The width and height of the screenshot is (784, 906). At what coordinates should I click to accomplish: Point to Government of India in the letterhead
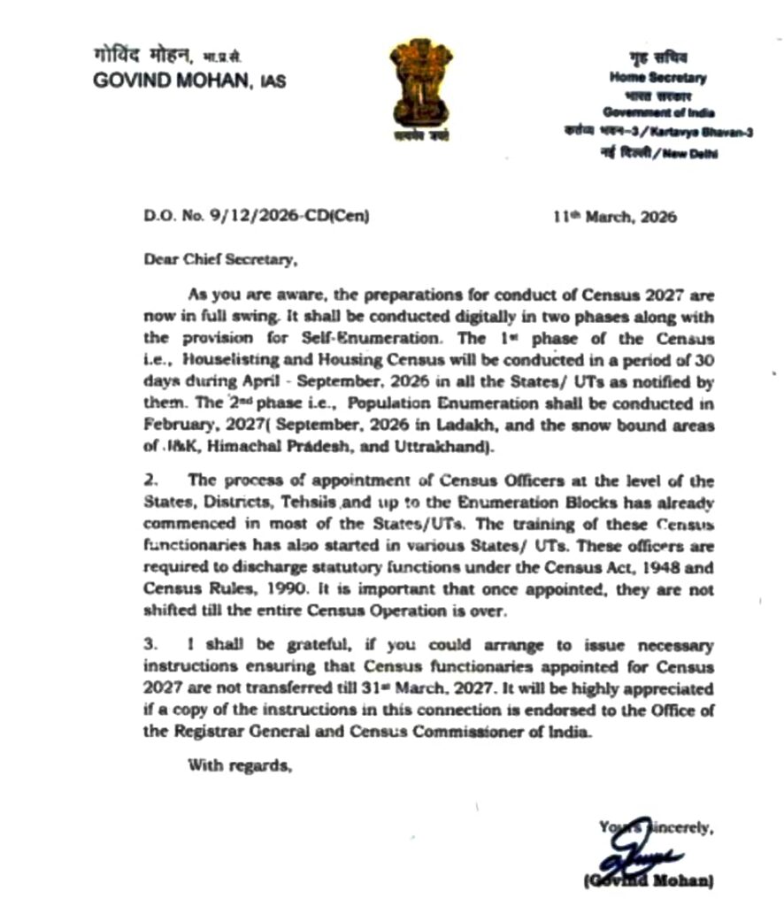tap(659, 112)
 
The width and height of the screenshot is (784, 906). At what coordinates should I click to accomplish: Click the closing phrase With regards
tap(239, 765)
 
